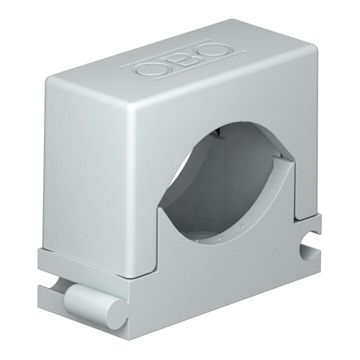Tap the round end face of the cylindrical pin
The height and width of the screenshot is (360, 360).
[x=116, y=310]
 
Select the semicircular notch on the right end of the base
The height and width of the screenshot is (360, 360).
[x=310, y=253]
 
